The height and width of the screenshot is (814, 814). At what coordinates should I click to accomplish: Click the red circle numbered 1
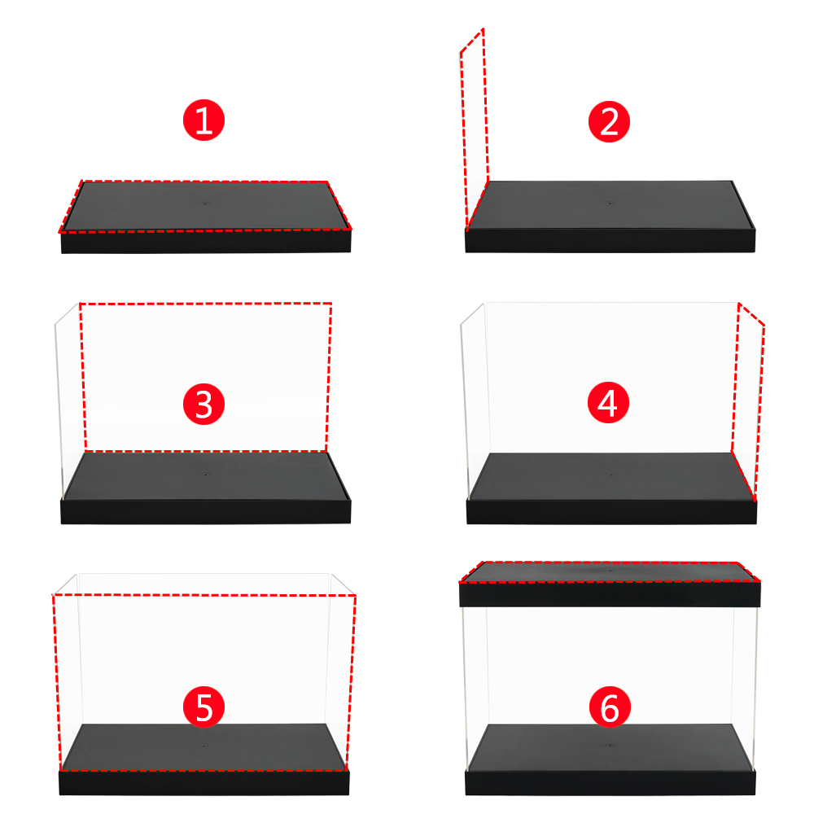[203, 120]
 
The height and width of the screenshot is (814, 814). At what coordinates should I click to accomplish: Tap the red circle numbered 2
[609, 121]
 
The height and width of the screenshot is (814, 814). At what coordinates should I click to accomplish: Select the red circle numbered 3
[203, 405]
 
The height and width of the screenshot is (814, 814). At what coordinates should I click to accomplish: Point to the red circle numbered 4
[608, 403]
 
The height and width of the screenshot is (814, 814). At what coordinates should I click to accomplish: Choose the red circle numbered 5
[203, 707]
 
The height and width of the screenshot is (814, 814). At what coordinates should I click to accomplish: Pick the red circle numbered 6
[610, 707]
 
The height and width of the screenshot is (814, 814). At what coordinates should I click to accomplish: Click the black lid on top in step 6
[610, 584]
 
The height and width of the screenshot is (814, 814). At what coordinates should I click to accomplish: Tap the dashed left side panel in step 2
[474, 129]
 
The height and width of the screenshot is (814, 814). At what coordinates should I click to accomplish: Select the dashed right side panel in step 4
[748, 402]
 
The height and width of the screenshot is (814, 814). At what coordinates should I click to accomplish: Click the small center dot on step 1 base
[206, 203]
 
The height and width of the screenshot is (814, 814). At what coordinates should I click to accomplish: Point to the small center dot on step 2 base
[610, 203]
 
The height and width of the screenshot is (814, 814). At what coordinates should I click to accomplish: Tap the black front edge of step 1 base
[206, 242]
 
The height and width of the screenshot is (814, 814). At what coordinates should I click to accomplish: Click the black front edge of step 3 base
[206, 512]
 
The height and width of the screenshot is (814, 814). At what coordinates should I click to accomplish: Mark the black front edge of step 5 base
[204, 783]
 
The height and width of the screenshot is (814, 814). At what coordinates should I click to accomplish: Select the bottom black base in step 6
[610, 760]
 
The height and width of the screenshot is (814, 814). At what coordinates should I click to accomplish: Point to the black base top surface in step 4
[611, 476]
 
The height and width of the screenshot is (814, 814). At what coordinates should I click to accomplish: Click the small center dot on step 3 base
[206, 475]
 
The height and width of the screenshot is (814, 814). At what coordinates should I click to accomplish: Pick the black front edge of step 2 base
[610, 242]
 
